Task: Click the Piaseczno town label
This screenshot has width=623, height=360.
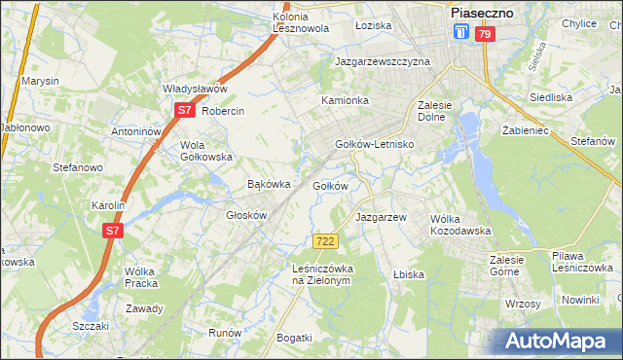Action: click(x=483, y=13)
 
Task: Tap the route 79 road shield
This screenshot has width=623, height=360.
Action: click(x=485, y=34)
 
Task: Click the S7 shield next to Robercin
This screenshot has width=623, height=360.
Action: click(x=185, y=111)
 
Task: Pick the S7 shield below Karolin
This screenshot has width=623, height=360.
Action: click(x=113, y=231)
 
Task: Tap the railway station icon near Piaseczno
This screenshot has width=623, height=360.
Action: click(x=461, y=33)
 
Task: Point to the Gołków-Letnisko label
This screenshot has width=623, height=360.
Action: click(x=375, y=144)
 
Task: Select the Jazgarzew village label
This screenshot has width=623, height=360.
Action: click(x=380, y=217)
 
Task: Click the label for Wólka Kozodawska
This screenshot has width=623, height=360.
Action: click(x=459, y=225)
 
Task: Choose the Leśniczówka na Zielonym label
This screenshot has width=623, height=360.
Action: click(x=320, y=273)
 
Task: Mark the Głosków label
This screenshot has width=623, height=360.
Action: click(x=246, y=215)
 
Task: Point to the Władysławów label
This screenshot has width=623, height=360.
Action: click(x=195, y=89)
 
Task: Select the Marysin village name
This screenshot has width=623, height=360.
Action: click(x=41, y=81)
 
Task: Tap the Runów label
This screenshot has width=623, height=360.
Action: click(x=225, y=332)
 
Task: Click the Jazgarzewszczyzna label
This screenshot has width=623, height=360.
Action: click(x=383, y=60)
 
